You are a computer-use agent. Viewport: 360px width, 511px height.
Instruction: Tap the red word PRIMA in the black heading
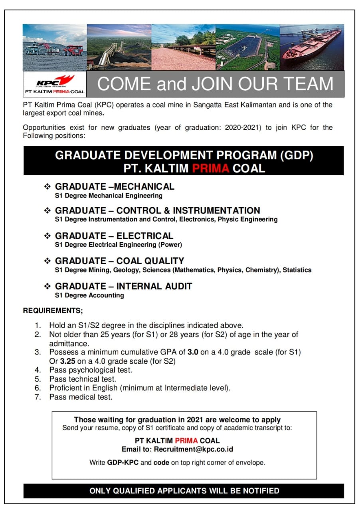(210, 168)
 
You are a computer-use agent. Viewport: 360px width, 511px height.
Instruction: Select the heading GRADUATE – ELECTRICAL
(114, 236)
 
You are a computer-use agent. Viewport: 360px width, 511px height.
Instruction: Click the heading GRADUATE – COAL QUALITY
(119, 261)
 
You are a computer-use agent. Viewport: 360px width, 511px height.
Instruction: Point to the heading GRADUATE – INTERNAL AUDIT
(123, 286)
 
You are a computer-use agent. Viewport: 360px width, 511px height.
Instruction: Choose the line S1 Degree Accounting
(89, 295)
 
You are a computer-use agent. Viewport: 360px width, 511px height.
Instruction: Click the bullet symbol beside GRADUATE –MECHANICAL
(47, 186)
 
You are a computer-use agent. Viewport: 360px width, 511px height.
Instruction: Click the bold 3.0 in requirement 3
(194, 352)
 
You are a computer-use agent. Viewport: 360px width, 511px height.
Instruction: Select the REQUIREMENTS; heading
(53, 310)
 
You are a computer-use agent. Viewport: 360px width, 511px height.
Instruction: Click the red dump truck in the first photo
(73, 50)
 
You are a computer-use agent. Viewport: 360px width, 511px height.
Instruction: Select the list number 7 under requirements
(38, 397)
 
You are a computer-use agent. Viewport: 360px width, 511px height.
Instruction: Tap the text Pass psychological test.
(91, 370)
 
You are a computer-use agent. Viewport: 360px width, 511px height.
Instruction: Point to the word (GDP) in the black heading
(296, 155)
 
